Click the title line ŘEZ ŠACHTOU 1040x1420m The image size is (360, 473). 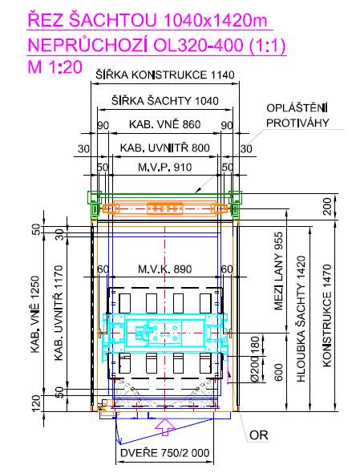[148, 21]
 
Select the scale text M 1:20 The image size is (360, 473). [55, 67]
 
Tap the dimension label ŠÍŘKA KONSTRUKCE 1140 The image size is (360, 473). [165, 75]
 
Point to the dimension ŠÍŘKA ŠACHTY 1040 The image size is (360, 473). [164, 100]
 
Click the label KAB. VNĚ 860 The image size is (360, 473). [164, 124]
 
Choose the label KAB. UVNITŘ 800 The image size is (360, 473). [164, 148]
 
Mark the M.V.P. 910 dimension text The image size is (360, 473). [164, 167]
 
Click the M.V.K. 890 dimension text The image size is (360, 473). [164, 269]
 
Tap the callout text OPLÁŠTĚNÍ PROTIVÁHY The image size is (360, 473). [297, 115]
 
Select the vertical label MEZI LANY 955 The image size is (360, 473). [278, 271]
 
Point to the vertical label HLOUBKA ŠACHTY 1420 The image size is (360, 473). [301, 319]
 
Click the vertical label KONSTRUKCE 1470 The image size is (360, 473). [327, 316]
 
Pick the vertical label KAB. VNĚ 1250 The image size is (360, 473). [35, 314]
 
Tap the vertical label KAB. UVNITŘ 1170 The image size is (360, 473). [59, 313]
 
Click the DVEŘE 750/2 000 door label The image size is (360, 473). [164, 452]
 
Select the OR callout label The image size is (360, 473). [259, 435]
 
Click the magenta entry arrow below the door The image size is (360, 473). [164, 427]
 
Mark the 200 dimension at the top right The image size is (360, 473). [327, 206]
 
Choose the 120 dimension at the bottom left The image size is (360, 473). [35, 403]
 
